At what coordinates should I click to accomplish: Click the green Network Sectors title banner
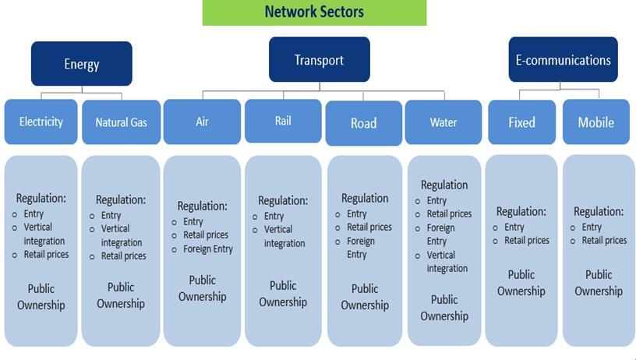coord(314,12)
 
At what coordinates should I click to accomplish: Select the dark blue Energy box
coord(81,64)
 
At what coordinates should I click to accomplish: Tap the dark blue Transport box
coord(319,60)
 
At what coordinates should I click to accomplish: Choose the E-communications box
coord(563,60)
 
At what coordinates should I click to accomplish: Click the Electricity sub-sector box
coord(41,122)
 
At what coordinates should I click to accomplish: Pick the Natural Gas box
coord(121,122)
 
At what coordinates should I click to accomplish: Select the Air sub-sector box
coord(202,122)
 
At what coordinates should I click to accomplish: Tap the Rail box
coord(283,121)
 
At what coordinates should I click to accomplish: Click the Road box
coord(363,123)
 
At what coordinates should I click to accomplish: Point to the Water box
coord(443,122)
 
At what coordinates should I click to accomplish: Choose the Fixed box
coord(521,122)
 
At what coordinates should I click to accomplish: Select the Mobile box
coord(595,122)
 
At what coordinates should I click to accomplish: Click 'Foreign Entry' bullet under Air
coord(207,249)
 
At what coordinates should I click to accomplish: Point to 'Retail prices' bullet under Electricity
coord(46,254)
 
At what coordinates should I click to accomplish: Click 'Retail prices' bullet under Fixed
coord(527,241)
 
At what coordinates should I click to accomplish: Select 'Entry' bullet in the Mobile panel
coord(592,228)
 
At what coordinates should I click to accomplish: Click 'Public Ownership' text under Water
coord(444,308)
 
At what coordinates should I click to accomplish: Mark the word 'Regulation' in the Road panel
coord(364,199)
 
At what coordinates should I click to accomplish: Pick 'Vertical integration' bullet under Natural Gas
coord(122,235)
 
